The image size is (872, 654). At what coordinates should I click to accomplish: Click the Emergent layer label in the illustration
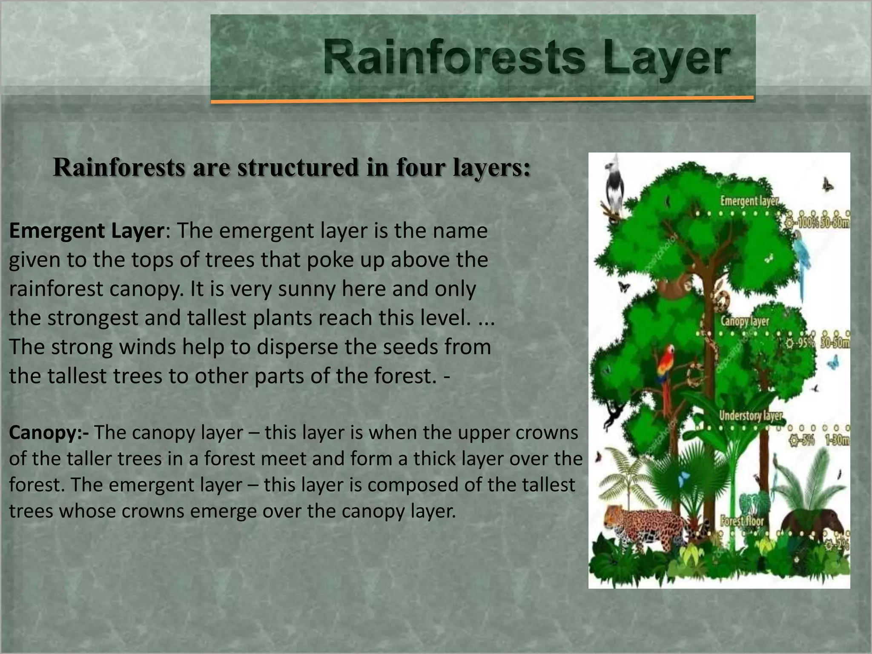(749, 201)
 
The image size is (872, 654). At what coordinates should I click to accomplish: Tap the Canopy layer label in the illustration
(745, 321)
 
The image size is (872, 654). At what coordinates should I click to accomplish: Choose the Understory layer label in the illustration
(751, 415)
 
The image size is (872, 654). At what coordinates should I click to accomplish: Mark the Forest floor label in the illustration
(742, 520)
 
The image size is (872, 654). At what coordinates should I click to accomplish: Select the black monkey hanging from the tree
(613, 415)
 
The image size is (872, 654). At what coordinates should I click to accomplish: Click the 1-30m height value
(836, 439)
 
